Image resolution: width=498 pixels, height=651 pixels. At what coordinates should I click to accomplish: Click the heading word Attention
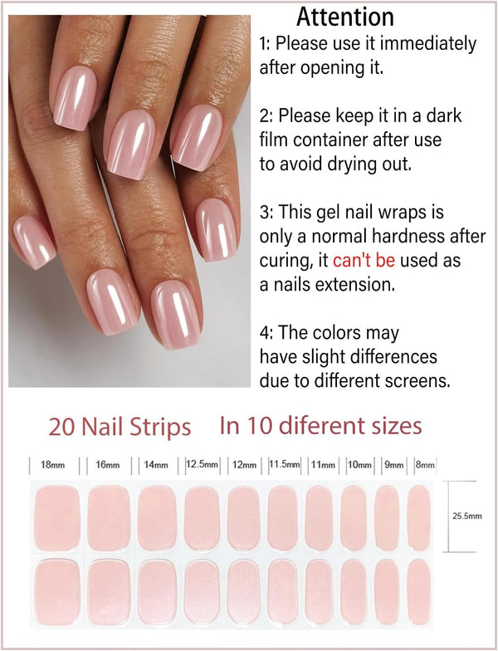(x=345, y=17)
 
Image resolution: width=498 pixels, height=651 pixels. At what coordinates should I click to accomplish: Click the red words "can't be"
(x=363, y=261)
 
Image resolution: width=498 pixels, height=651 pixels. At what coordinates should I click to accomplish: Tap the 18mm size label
(x=53, y=465)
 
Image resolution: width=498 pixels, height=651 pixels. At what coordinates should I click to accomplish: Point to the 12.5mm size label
(x=202, y=464)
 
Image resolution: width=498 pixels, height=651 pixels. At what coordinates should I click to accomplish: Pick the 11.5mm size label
(x=285, y=464)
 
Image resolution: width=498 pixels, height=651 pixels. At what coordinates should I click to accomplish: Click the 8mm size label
(x=424, y=465)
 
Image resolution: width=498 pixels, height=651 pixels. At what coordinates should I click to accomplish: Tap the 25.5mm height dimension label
(x=466, y=516)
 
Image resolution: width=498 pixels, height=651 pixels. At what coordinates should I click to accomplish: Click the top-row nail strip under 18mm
(x=57, y=518)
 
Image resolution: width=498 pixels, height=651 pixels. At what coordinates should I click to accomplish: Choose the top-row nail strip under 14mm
(x=157, y=518)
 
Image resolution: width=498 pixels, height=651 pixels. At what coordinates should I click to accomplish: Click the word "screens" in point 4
(x=419, y=381)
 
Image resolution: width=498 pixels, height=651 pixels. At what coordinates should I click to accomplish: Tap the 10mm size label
(x=359, y=465)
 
